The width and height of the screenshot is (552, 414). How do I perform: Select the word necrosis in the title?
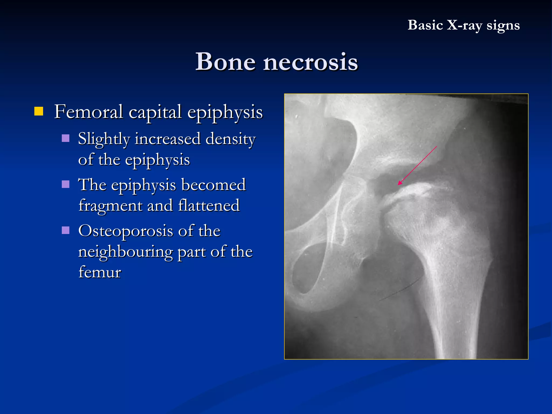point(310,62)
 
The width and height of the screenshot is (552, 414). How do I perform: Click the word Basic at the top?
point(425,25)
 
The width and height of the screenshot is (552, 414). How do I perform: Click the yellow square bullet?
point(39,111)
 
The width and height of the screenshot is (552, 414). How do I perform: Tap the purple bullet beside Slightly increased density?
point(65,138)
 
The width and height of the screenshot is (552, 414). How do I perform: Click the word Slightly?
point(104,139)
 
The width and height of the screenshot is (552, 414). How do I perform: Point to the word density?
point(230,139)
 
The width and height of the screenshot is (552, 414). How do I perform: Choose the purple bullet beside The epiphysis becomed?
point(65,184)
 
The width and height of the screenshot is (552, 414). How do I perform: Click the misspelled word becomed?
point(213,185)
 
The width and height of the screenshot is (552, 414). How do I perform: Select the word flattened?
point(209,205)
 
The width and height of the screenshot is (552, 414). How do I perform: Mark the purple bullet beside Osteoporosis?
point(65,230)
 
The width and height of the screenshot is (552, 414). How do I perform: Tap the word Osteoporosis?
point(126,231)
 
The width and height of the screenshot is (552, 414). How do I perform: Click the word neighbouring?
point(126,252)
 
